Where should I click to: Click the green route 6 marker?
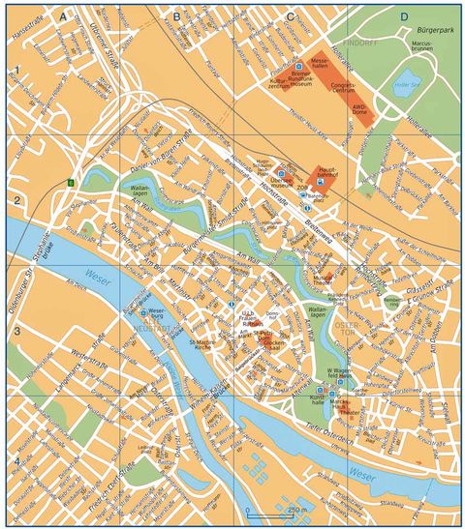click(x=70, y=183)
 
